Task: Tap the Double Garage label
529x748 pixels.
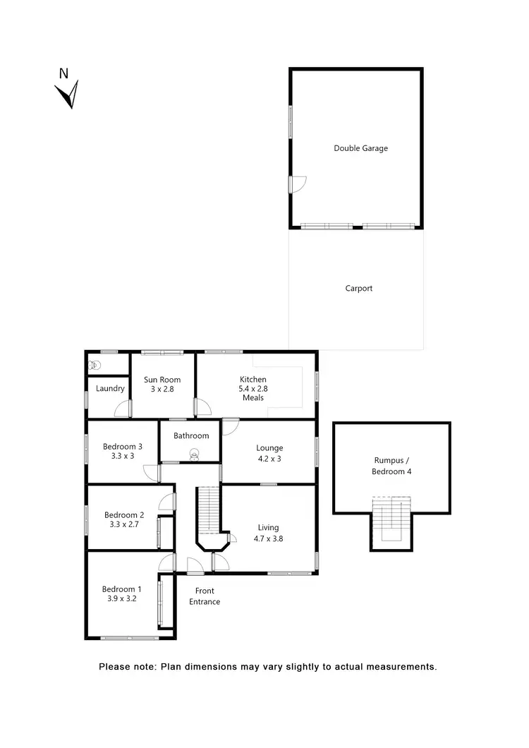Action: [360, 149]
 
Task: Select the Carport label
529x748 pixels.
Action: [359, 289]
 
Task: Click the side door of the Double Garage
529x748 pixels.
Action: [296, 185]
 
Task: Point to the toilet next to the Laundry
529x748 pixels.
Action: [95, 366]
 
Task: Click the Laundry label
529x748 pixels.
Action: [110, 389]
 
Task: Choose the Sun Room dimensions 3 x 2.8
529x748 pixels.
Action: [162, 389]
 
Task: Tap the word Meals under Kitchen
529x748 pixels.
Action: [253, 398]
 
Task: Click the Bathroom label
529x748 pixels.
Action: [191, 436]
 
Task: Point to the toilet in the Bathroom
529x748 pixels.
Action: [193, 456]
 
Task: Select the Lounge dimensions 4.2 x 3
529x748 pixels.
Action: [269, 457]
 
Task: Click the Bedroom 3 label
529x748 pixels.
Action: [123, 446]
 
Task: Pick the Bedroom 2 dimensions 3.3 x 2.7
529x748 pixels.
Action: [123, 524]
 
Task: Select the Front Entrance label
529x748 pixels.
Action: [204, 596]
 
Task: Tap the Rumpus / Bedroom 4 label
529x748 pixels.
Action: [391, 465]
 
